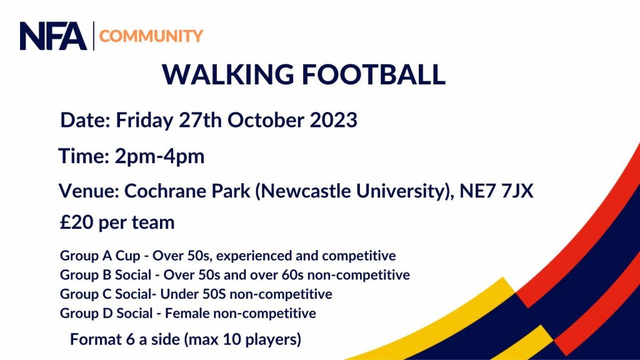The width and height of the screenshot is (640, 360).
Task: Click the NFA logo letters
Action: [x=53, y=36]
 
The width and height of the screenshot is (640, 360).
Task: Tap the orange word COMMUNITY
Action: [x=151, y=36]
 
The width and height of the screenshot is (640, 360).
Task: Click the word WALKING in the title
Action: [x=227, y=74]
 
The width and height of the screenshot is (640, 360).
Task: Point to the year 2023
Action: [x=334, y=121]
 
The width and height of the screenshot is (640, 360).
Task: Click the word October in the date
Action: [x=266, y=121]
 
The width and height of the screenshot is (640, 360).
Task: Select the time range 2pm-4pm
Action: [x=159, y=157]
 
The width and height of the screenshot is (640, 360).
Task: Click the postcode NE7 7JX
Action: [x=496, y=191]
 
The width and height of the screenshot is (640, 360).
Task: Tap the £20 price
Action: [x=77, y=222]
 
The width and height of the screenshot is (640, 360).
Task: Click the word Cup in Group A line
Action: [x=127, y=256]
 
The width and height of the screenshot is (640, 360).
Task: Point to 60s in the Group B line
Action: [x=293, y=275]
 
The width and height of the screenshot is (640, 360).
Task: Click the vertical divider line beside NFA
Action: [x=94, y=36]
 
